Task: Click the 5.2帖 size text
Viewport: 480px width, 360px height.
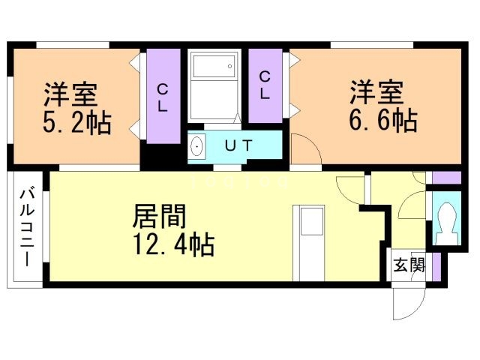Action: (x=76, y=122)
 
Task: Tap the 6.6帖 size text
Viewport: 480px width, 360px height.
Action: (x=382, y=119)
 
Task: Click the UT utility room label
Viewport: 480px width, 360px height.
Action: (x=239, y=145)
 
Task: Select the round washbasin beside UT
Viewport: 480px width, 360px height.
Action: (x=198, y=145)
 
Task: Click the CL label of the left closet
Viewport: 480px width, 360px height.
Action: (x=162, y=96)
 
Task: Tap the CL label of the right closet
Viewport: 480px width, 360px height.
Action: (x=265, y=85)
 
